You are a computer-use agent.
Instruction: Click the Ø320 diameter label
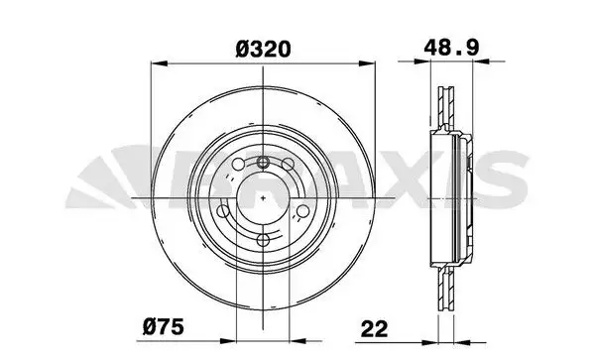coord(263,50)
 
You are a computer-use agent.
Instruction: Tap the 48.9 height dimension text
coord(451,48)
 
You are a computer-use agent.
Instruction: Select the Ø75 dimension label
coord(164,326)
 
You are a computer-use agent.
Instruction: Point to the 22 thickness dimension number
coord(375,329)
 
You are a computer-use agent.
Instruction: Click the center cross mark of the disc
coord(263,197)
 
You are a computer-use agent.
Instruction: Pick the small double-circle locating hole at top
coord(263,163)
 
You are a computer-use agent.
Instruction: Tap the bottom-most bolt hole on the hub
coord(263,240)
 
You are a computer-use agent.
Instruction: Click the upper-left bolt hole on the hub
coord(238,165)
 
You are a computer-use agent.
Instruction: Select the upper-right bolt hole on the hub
coord(288,165)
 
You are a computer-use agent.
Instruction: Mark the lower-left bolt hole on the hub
coord(223,211)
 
